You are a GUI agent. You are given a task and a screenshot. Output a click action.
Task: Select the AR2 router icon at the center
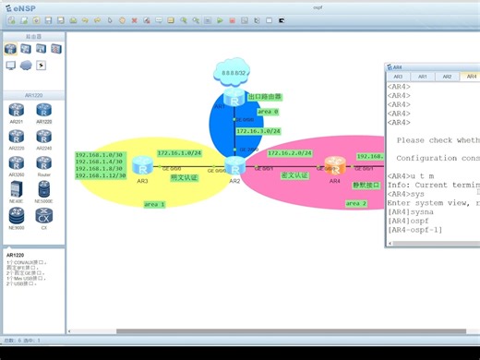coord(234,166)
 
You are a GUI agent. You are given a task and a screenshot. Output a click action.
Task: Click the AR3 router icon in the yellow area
coord(142,166)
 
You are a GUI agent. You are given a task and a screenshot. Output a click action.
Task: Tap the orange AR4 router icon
coord(335,166)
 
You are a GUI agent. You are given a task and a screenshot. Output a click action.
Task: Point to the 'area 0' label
coord(268,111)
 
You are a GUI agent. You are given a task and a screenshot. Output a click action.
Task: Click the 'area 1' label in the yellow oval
coord(155,205)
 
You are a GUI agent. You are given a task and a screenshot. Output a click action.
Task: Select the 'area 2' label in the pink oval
coord(356,203)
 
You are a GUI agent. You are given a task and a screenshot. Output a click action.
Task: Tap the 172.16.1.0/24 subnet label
coord(179,153)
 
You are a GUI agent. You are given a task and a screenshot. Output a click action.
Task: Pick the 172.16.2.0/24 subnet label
coord(290,153)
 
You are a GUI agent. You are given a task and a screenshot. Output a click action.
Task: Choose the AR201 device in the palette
coord(17,112)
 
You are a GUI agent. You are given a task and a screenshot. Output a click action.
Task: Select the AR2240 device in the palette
coord(43,138)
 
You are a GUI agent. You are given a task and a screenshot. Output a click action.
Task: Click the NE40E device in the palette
coord(17,191)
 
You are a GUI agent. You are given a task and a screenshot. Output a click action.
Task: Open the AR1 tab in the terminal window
coord(422,77)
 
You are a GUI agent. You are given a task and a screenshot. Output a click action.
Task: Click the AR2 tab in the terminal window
coord(447,77)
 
